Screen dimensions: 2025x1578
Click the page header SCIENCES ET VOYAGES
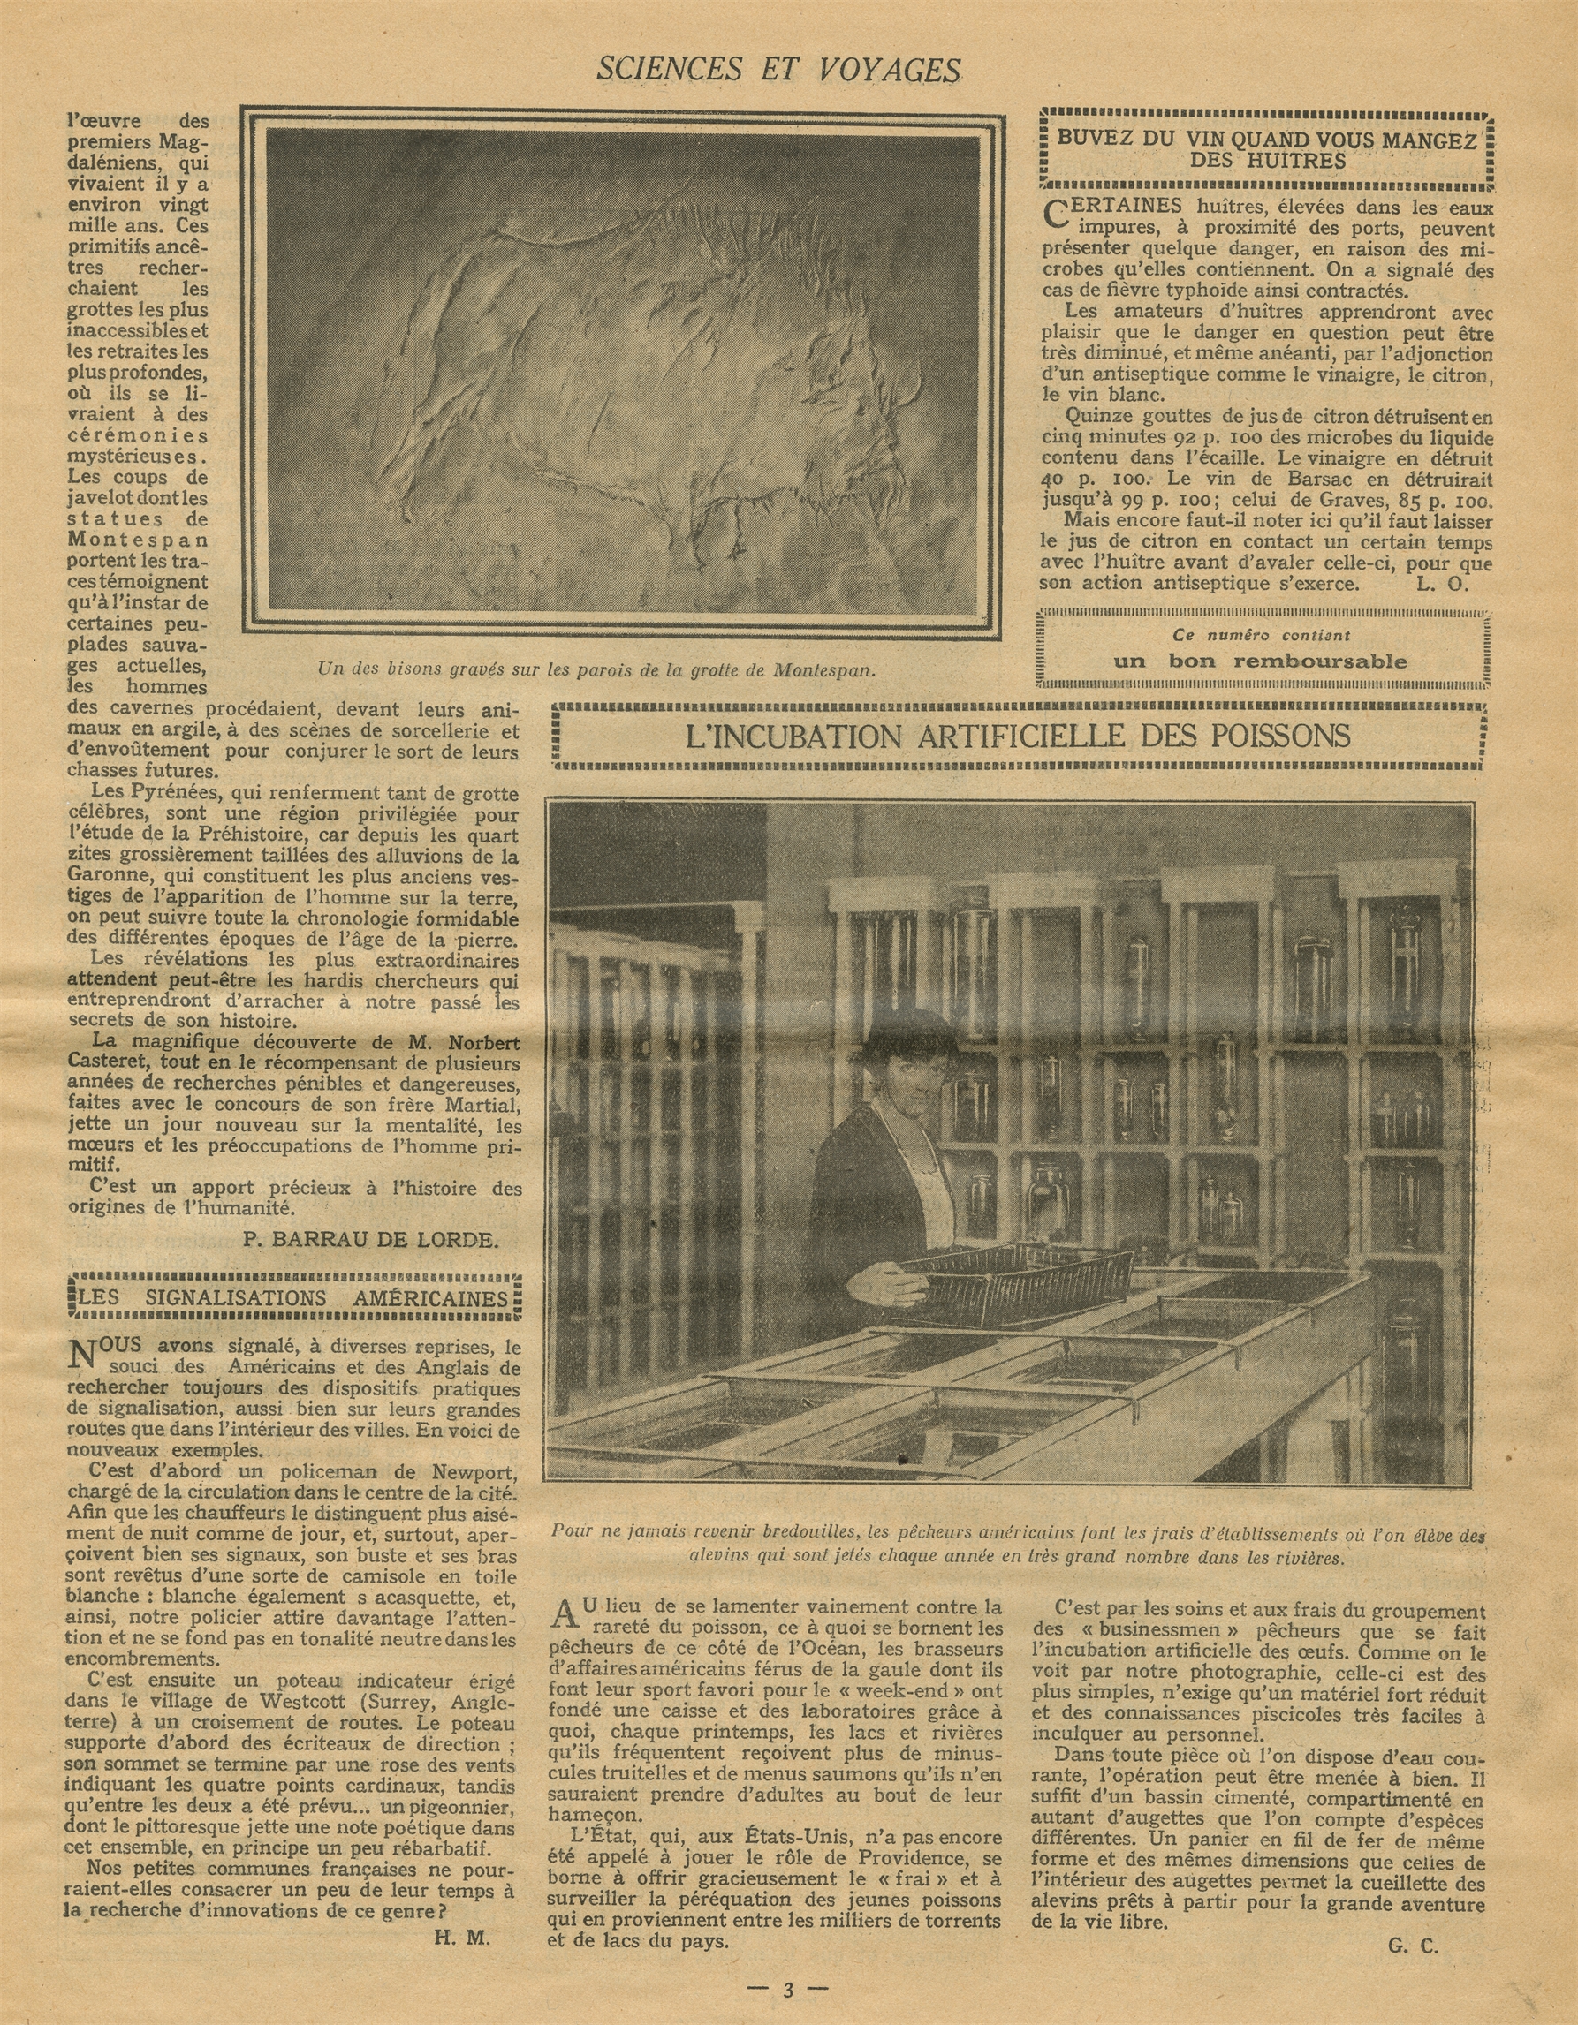coord(778,68)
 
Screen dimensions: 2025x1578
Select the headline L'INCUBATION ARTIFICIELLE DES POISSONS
coord(1018,737)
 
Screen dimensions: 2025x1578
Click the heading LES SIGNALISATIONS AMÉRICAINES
coord(294,1298)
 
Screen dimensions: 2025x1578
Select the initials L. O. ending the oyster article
coord(1436,583)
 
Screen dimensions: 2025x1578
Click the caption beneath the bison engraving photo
coord(596,669)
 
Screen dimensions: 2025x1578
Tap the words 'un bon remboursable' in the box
coord(1260,661)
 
